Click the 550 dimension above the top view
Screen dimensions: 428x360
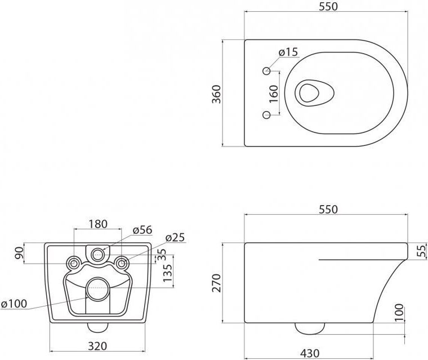[x=328, y=7]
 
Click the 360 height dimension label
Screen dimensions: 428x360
[x=217, y=94]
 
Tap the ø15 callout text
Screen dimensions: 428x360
[x=288, y=52]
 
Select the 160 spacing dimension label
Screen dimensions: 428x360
[x=274, y=94]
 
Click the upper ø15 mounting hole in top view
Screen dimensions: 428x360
[x=266, y=71]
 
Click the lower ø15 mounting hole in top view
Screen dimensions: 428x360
[x=266, y=115]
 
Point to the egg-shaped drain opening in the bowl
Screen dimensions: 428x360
[x=314, y=93]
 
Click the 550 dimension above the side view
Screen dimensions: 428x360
[x=328, y=210]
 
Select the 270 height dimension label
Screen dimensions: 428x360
[x=217, y=283]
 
